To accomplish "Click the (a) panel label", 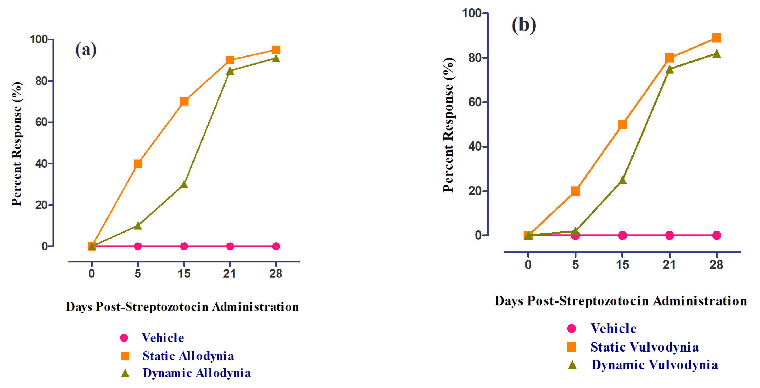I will [86, 49].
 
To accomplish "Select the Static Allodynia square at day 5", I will [138, 164].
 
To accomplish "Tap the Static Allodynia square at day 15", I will [184, 102].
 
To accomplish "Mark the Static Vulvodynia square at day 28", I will [716, 38].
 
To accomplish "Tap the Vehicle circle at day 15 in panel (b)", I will [622, 235].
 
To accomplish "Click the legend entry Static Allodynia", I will [188, 356].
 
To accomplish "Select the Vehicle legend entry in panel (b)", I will [613, 329].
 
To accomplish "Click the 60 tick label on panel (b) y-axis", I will [475, 102].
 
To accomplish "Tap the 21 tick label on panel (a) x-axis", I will [229, 274].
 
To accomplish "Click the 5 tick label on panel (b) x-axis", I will [575, 265].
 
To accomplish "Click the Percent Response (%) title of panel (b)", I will [448, 125].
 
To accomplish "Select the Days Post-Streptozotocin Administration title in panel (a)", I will [182, 307].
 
